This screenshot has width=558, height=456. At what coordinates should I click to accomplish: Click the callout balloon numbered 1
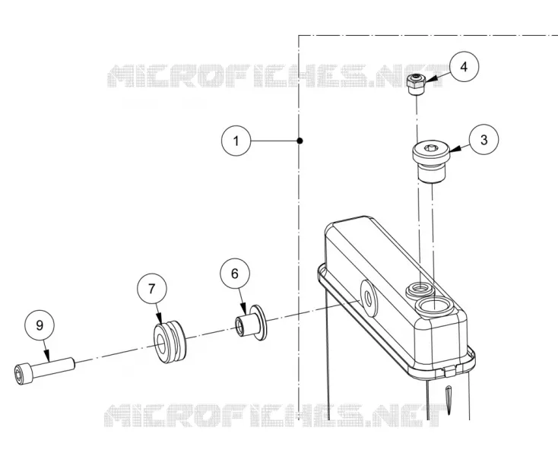point(236,141)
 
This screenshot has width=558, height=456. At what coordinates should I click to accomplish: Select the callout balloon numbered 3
point(483,140)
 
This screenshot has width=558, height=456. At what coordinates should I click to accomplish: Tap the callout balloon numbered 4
point(464,67)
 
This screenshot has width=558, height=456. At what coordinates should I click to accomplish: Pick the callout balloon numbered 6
point(234,274)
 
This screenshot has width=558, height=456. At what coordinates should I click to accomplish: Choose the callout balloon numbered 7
point(152,289)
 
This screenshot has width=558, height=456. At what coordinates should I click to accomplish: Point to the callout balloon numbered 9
point(40,325)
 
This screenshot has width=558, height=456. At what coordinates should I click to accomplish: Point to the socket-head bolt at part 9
point(45,370)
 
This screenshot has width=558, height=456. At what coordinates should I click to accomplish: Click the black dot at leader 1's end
point(300,141)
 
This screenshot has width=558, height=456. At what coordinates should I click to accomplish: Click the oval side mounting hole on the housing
point(369,298)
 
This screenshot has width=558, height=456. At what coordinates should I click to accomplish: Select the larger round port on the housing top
point(434,306)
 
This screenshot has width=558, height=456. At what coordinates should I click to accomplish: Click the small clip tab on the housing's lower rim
point(449,371)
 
